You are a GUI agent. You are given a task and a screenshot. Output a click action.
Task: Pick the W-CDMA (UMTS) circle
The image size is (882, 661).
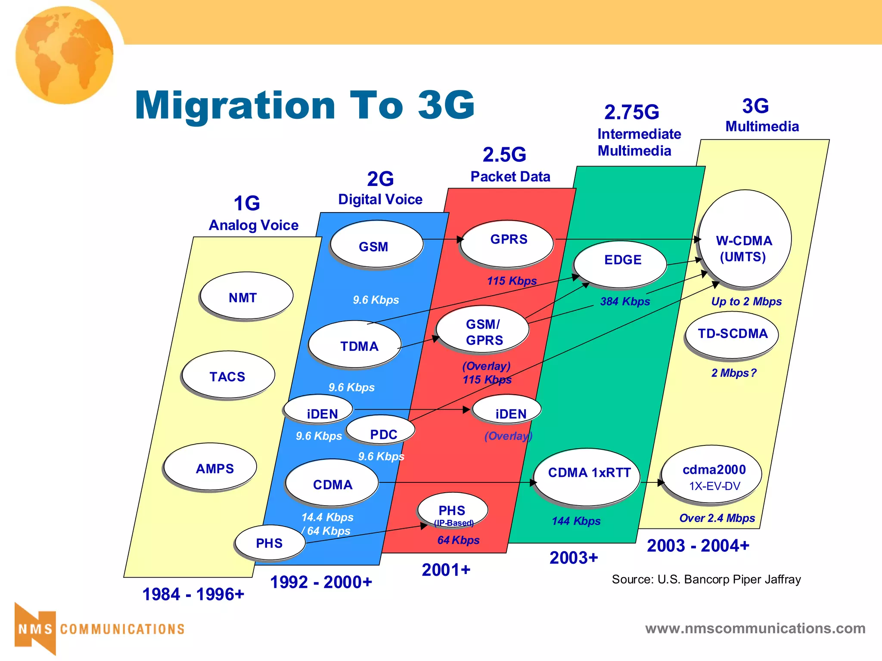click(745, 239)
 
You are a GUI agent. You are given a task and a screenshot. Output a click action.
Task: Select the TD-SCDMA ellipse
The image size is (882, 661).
click(732, 334)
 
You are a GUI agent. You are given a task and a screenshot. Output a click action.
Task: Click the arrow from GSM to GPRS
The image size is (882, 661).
click(442, 239)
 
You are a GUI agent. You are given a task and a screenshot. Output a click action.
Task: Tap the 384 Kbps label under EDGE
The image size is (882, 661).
click(625, 301)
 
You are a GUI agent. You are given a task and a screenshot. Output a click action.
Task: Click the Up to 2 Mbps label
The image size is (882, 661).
click(746, 301)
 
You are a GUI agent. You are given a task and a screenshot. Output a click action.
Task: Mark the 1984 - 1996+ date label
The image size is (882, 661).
click(193, 594)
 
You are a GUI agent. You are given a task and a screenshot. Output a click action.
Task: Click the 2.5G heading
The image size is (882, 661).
click(504, 155)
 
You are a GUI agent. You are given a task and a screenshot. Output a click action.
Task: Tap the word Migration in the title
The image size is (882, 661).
click(235, 105)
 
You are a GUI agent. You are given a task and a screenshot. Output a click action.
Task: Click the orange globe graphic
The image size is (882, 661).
click(65, 55)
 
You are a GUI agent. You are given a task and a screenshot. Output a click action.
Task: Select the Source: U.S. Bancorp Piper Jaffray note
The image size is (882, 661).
click(706, 579)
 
